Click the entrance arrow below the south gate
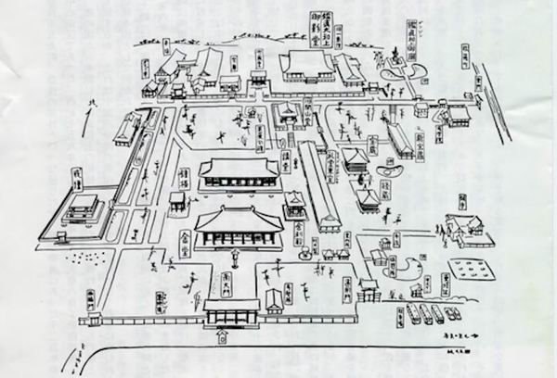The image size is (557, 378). coord(220,339)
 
